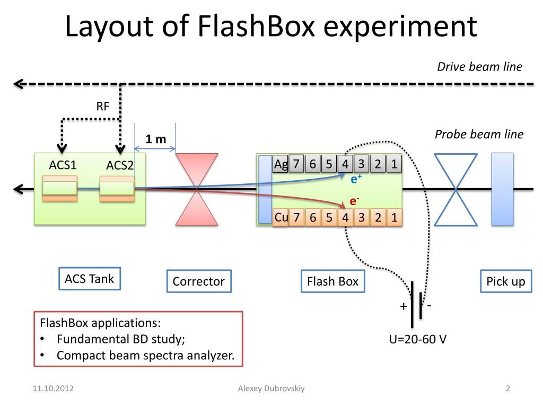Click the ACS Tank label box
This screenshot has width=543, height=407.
click(x=89, y=279)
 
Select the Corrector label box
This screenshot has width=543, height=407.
click(x=198, y=281)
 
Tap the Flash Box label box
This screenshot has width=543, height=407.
click(x=332, y=281)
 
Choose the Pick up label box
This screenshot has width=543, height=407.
click(x=505, y=281)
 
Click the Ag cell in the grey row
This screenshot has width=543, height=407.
click(x=280, y=164)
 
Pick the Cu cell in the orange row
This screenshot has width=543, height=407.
click(x=281, y=217)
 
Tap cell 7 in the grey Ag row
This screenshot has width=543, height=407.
click(x=296, y=164)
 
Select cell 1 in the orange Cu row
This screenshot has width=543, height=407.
click(x=393, y=217)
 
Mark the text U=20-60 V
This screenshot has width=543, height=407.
click(x=417, y=339)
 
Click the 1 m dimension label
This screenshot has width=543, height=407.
click(x=156, y=139)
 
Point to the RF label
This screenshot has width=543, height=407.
click(x=102, y=106)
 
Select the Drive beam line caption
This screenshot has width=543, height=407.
click(x=479, y=67)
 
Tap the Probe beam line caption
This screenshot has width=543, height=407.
click(x=479, y=135)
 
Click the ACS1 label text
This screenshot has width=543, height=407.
click(x=63, y=165)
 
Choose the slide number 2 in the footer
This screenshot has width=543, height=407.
click(x=507, y=389)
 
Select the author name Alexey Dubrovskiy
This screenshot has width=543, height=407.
click(x=271, y=389)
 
